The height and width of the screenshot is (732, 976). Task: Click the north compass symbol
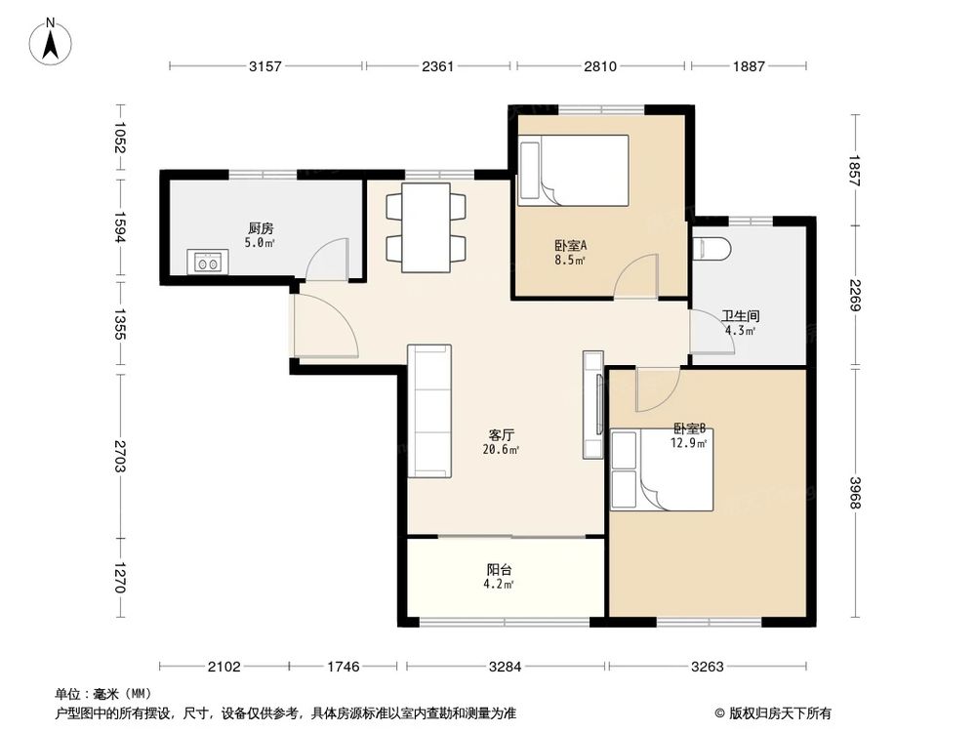(x=51, y=42)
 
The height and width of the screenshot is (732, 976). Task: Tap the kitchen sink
(x=208, y=262)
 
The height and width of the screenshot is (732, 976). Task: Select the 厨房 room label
(x=261, y=228)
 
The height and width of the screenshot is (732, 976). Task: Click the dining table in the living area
(x=426, y=227)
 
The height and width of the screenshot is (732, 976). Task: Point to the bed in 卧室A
(x=573, y=170)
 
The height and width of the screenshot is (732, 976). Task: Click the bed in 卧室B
(x=662, y=469)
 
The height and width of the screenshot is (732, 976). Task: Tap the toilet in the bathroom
(x=712, y=248)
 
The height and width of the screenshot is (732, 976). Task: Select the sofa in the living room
(x=429, y=411)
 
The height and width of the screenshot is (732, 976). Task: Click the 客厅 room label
(x=501, y=434)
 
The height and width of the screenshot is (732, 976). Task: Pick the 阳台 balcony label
(x=499, y=569)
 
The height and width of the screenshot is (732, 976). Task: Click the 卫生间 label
(x=741, y=316)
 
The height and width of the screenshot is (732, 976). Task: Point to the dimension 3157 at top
(x=265, y=66)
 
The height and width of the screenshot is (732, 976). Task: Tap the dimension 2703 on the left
(x=119, y=456)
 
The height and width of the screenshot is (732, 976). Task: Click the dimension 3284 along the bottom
(x=505, y=667)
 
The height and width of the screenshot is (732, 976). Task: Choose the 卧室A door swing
(x=635, y=276)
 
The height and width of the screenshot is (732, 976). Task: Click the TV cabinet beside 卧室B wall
(x=593, y=405)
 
